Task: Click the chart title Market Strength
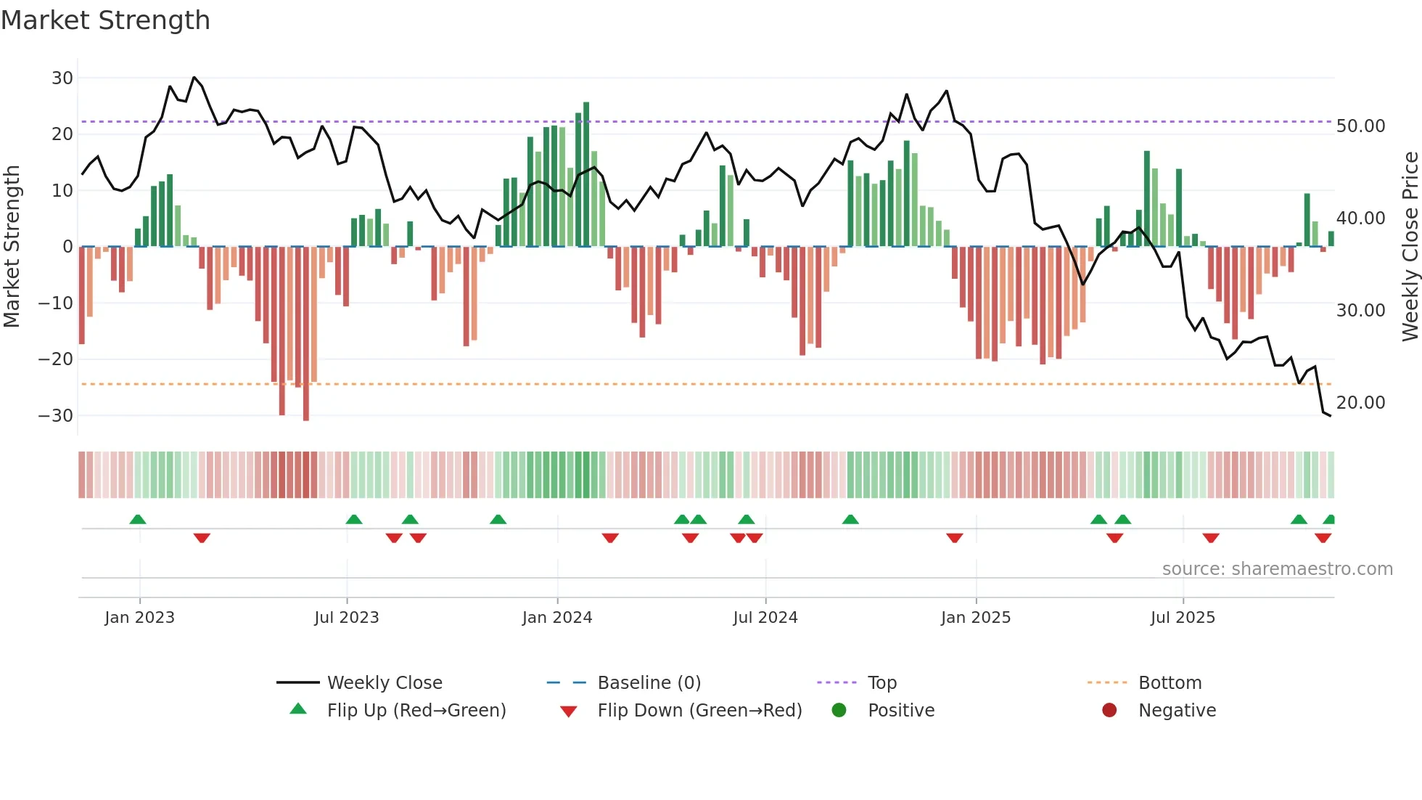pyautogui.click(x=105, y=20)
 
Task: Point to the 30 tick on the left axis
pyautogui.click(x=62, y=78)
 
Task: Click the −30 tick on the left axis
pyautogui.click(x=56, y=416)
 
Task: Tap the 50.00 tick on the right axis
pyautogui.click(x=1360, y=126)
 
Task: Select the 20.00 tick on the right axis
pyautogui.click(x=1360, y=403)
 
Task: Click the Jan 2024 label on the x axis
pyautogui.click(x=556, y=618)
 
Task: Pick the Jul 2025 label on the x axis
pyautogui.click(x=1182, y=618)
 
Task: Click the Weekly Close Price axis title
pyautogui.click(x=1410, y=246)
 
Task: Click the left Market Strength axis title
pyautogui.click(x=12, y=246)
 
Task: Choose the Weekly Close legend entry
pyautogui.click(x=384, y=683)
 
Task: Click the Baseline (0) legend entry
pyautogui.click(x=649, y=683)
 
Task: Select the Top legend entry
pyautogui.click(x=881, y=683)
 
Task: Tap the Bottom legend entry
pyautogui.click(x=1170, y=683)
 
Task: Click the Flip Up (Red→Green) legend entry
pyautogui.click(x=416, y=711)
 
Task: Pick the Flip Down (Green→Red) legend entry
pyautogui.click(x=699, y=711)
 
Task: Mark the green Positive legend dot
pyautogui.click(x=839, y=711)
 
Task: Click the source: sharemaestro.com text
pyautogui.click(x=1277, y=569)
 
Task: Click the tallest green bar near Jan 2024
pyautogui.click(x=586, y=174)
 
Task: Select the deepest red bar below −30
pyautogui.click(x=306, y=334)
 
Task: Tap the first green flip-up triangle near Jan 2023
pyautogui.click(x=138, y=519)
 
